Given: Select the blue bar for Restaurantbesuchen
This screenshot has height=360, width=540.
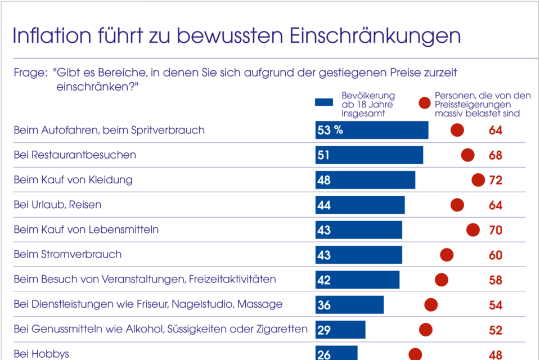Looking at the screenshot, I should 369,155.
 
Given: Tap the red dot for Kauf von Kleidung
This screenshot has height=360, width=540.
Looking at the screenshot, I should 478,180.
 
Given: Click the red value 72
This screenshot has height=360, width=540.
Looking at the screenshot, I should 495,181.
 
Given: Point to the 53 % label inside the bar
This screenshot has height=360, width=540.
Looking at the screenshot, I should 330,130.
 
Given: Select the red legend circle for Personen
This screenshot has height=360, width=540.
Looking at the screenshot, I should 425,103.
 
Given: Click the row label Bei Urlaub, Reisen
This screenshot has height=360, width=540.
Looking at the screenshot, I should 57,205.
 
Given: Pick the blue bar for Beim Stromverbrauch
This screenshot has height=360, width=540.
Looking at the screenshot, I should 359,255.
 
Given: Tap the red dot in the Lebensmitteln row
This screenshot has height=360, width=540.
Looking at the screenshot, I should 473,229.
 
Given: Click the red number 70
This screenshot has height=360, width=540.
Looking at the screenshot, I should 495,230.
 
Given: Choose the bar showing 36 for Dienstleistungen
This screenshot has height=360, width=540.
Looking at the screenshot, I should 349,304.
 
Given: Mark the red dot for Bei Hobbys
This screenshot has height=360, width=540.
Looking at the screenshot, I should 415,354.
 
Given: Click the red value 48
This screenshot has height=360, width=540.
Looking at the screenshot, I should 495,354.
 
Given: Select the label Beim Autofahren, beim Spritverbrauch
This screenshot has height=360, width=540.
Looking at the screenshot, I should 109,130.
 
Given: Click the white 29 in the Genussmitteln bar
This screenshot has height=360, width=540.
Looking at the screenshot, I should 324,330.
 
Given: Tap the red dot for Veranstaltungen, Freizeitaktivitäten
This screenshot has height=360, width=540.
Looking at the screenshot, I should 442,280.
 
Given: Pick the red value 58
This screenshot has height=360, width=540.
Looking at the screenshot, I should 495,280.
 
